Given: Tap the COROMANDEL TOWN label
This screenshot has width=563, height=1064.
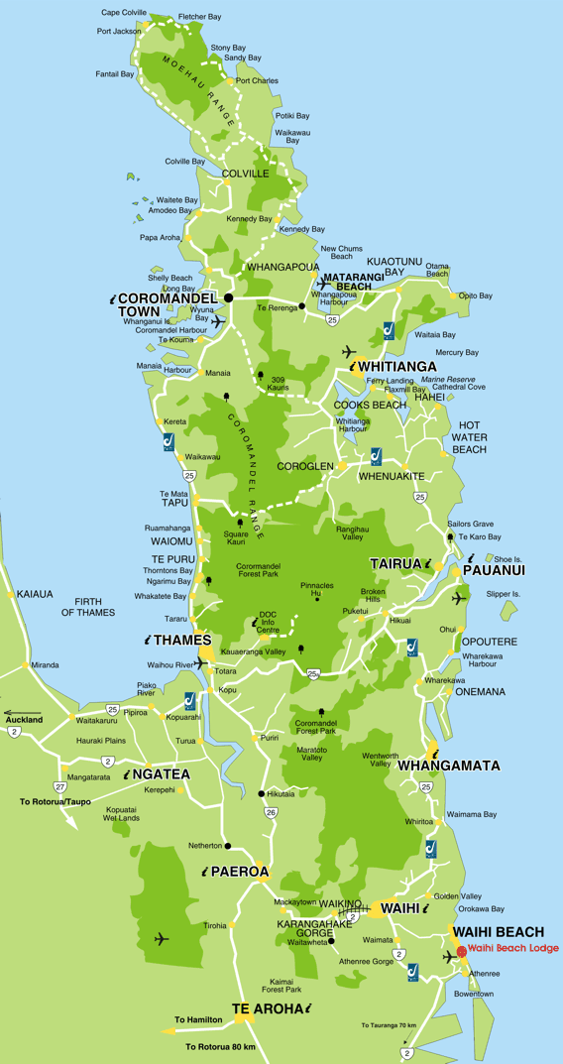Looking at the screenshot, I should tap(153, 303).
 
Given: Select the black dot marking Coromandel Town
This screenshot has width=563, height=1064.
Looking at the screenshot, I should tap(228, 296).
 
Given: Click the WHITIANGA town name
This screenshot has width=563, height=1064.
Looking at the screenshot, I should tap(398, 366).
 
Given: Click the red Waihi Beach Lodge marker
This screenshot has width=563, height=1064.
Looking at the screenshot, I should tap(461, 949).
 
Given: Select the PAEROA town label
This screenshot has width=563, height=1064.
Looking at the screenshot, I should tap(239, 872).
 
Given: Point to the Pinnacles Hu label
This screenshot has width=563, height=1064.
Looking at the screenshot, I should tap(317, 588).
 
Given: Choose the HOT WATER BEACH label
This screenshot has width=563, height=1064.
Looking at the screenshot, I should tap(469, 436).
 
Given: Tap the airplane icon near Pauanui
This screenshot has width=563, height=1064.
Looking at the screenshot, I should tap(458, 598).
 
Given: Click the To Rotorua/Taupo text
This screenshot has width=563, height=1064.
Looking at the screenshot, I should tap(56, 800).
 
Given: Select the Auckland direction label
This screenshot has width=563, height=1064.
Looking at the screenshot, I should tap(26, 719).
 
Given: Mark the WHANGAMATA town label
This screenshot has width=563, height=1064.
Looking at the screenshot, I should tap(448, 766).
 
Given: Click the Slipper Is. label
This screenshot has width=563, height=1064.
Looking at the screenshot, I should tap(503, 594).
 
